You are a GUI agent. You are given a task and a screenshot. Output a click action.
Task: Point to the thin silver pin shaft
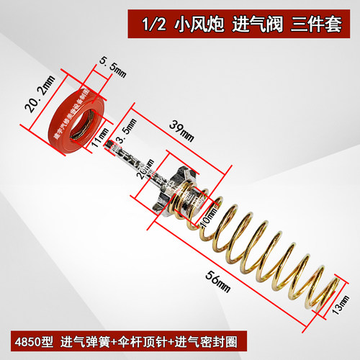(x=137, y=161)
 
